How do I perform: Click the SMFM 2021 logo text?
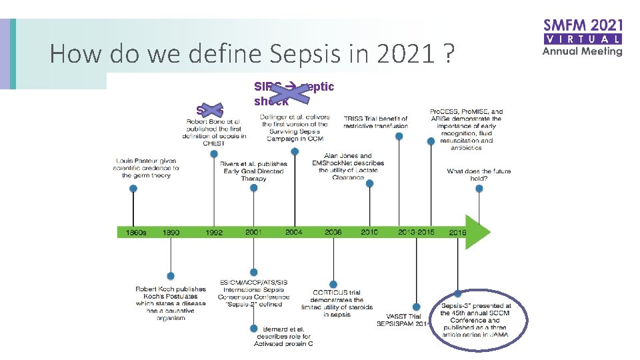[x=583, y=27]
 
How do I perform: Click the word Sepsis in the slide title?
[x=324, y=53]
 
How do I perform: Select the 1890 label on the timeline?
[x=171, y=232]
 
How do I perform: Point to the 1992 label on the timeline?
[x=213, y=232]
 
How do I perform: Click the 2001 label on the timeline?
[x=253, y=231]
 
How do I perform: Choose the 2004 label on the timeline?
[x=294, y=231]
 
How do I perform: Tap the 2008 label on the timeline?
[x=333, y=231]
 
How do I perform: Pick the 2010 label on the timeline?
[x=369, y=231]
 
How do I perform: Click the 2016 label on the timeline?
[x=457, y=232]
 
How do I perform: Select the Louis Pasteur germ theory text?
[x=147, y=168]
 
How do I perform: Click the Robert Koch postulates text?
[x=171, y=303]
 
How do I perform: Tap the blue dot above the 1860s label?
[x=133, y=189]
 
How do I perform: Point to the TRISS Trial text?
[x=375, y=122]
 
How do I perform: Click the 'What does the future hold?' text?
[x=479, y=175]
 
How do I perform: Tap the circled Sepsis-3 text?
[x=475, y=320]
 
